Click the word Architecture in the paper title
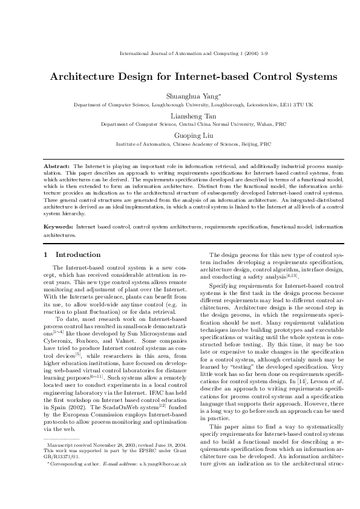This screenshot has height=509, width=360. (87, 77)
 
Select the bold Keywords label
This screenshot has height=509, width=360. (59, 226)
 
